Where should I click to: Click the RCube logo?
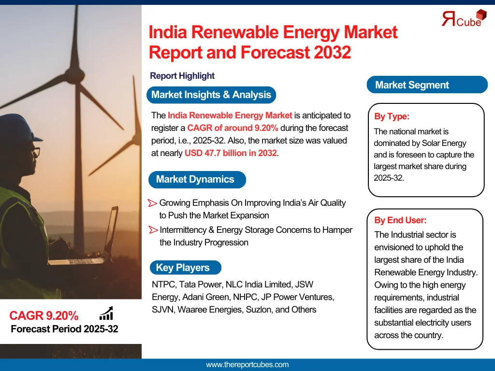point(464,18)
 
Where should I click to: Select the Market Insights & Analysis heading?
point(211,95)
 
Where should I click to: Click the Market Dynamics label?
point(195,179)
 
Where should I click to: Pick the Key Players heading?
point(183,268)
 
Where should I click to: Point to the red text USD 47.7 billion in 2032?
point(231,153)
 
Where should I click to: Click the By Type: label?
point(392,116)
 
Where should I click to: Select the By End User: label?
point(400,220)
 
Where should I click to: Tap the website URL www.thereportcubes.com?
point(247,365)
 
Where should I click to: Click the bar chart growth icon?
point(106,314)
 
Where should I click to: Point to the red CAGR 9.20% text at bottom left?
point(44,316)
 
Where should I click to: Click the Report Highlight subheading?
point(182,76)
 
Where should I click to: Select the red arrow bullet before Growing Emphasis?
point(153,203)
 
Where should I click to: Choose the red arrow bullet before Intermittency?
point(153,229)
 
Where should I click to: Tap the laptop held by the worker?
point(97,242)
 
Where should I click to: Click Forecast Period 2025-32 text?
point(64,329)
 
